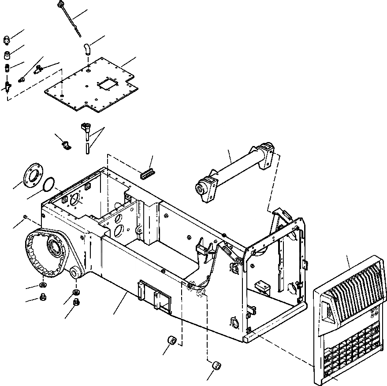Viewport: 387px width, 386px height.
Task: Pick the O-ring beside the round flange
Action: click(50, 185)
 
